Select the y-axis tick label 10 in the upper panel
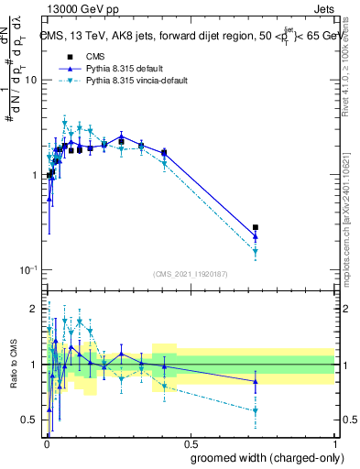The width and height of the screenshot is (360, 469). (x=29, y=81)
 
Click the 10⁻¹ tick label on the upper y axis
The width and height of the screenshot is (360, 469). (x=27, y=270)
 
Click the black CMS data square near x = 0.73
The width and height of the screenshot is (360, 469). (x=256, y=227)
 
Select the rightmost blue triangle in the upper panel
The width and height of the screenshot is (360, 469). (x=256, y=236)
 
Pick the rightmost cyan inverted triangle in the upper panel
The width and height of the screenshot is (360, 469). (x=256, y=251)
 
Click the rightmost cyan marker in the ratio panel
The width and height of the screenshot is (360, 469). (x=256, y=410)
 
